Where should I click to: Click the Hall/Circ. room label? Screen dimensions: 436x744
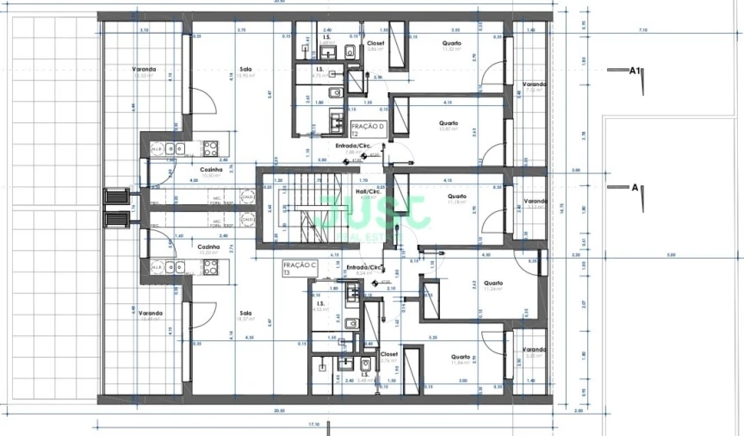[x=368, y=192]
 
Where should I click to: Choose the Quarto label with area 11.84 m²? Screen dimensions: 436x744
[x=459, y=357]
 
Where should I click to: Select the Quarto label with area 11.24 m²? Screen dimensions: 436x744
[x=493, y=283]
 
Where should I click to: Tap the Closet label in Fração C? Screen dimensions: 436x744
[x=388, y=354]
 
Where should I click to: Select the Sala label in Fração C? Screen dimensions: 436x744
[x=245, y=314]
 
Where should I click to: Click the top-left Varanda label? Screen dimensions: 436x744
[x=144, y=70]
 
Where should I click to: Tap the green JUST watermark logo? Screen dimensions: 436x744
[x=375, y=211]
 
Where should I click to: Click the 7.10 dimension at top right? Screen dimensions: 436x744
[x=642, y=30]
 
